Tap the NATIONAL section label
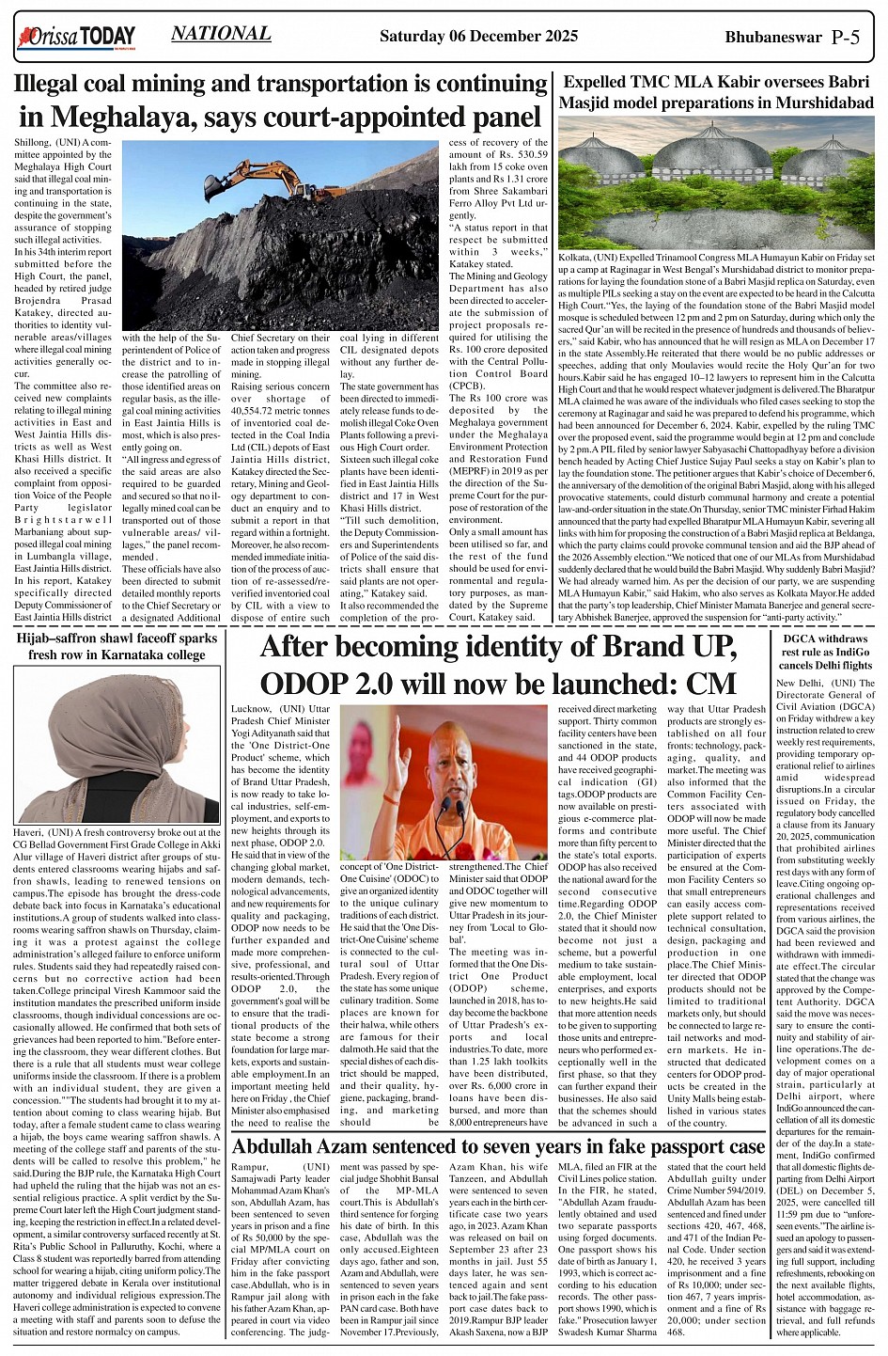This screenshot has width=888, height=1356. pos(221,34)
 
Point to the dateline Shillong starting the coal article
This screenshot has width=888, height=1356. pos(33,141)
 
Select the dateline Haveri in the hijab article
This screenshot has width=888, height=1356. pos(31,832)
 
